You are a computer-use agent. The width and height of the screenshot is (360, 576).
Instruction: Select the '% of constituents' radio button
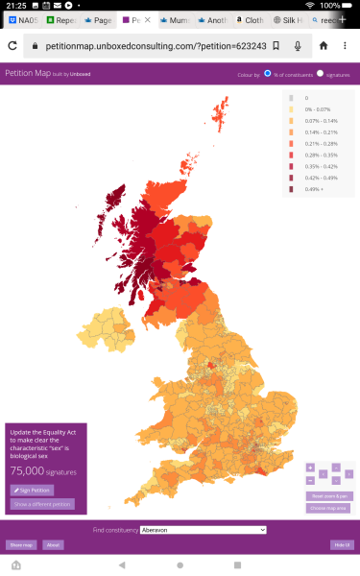click(268, 74)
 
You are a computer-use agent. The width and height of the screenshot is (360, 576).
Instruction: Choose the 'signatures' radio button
click(320, 74)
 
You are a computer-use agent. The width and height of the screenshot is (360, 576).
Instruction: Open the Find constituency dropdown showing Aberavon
click(202, 529)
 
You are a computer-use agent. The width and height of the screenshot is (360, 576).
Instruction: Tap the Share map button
click(21, 544)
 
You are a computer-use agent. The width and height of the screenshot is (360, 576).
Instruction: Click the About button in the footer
click(54, 544)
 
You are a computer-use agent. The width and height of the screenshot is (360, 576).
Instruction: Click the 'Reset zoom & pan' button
click(329, 495)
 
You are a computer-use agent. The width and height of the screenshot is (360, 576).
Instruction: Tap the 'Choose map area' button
click(329, 507)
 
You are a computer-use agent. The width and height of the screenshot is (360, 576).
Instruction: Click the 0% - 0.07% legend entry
click(313, 109)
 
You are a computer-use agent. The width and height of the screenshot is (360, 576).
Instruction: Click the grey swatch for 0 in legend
click(291, 98)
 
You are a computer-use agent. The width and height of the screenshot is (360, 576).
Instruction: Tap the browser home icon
click(323, 45)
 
